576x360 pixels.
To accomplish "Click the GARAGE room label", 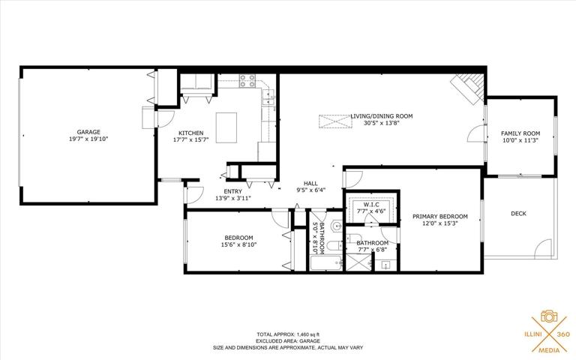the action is pyautogui.click(x=88, y=132).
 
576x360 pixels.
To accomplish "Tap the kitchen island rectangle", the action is pyautogui.click(x=226, y=127).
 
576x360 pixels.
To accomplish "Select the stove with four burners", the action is pyautogui.click(x=247, y=81).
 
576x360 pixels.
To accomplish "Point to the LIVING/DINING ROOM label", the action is pyautogui.click(x=381, y=116).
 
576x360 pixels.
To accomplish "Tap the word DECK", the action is pyautogui.click(x=518, y=214).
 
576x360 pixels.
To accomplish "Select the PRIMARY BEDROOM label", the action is pyautogui.click(x=439, y=216).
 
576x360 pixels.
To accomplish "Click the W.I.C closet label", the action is pyautogui.click(x=371, y=204).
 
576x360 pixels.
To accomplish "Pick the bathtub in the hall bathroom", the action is pyautogui.click(x=326, y=263).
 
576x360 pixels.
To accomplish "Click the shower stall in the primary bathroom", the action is pyautogui.click(x=359, y=262).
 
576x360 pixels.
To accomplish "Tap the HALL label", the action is pyautogui.click(x=310, y=184).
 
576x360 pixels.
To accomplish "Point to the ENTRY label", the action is pyautogui.click(x=233, y=191).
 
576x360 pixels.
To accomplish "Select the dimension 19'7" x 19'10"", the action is pyautogui.click(x=88, y=139).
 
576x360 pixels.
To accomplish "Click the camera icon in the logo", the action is pyautogui.click(x=549, y=316).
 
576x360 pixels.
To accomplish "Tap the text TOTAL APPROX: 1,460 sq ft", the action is pyautogui.click(x=288, y=334).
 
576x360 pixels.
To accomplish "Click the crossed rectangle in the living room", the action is pyautogui.click(x=334, y=121).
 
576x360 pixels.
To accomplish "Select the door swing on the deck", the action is pyautogui.click(x=543, y=248).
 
